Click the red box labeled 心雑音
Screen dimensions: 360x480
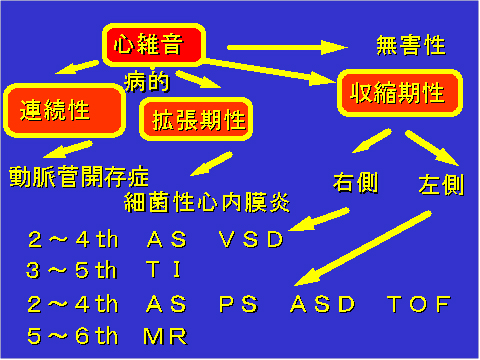[154, 44]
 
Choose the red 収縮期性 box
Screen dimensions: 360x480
[397, 94]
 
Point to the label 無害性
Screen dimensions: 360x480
[410, 45]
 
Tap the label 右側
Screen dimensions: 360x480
[355, 183]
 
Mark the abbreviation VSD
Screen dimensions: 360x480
[250, 240]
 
